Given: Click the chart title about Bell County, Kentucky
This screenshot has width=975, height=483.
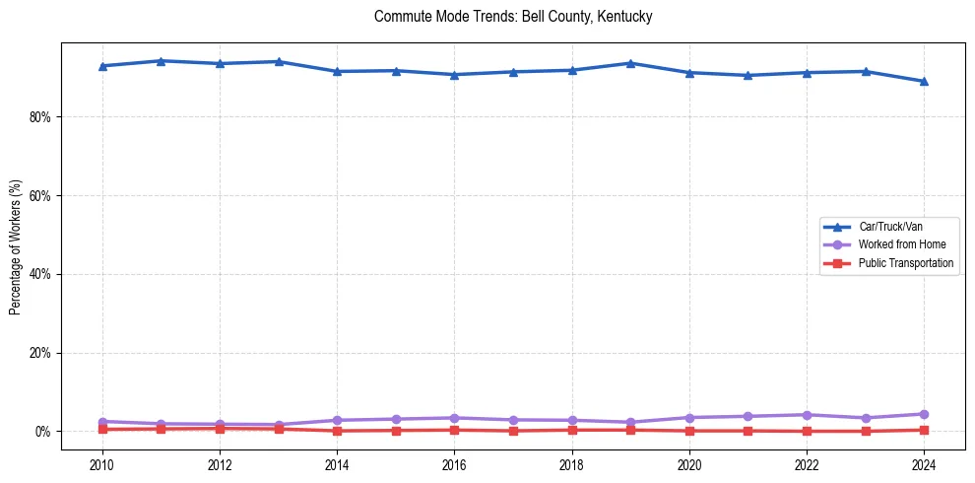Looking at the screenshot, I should (513, 17).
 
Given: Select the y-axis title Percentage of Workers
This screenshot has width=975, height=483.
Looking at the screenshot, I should (16, 247).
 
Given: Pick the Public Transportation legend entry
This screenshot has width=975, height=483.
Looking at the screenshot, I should (905, 263).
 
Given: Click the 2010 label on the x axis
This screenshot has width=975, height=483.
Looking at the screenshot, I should (102, 464).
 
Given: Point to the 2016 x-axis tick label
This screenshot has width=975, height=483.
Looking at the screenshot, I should (454, 464).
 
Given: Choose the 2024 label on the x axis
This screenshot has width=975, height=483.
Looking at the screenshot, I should (924, 464).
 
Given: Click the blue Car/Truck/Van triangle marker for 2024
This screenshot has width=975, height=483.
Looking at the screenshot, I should (924, 81).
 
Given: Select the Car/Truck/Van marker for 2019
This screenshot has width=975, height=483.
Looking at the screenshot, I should (630, 63).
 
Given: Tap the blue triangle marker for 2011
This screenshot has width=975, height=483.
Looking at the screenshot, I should (161, 61).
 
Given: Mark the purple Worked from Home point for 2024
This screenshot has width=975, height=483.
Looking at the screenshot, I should (924, 414).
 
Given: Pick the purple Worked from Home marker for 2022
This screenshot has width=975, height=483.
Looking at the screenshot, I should (807, 415).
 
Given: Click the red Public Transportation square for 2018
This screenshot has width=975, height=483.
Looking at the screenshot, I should (572, 430).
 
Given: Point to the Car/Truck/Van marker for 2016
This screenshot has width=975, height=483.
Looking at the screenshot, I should (454, 75).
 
